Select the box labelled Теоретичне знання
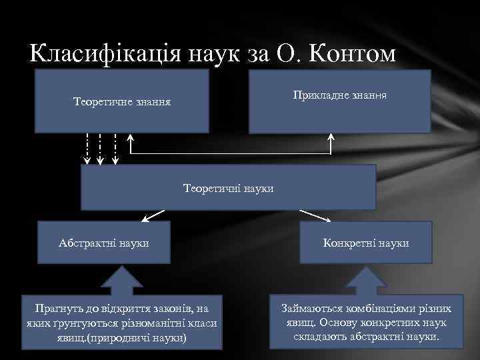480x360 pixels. tap(122, 102)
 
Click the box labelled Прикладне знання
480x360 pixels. tap(340, 97)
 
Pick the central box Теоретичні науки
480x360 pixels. tap(228, 188)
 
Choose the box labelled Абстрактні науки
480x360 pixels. tap(103, 243)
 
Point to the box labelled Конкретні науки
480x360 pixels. tap(366, 243)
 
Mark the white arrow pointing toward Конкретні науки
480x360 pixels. tap(316, 215)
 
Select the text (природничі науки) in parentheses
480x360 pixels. tap(142, 337)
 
